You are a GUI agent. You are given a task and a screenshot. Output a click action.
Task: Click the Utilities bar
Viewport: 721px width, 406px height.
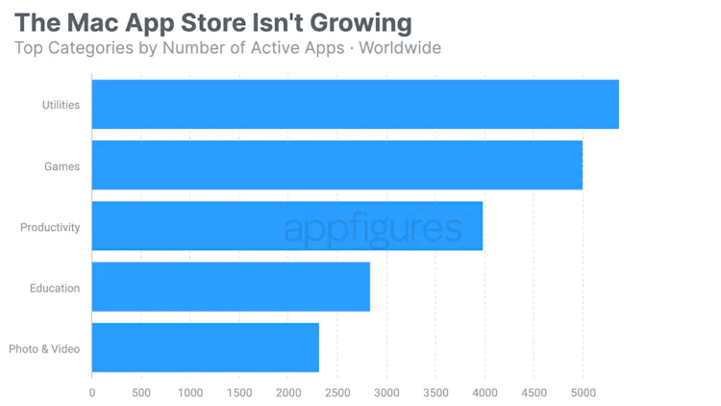pos(355,104)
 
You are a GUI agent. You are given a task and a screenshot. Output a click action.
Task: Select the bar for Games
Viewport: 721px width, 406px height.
pos(336,165)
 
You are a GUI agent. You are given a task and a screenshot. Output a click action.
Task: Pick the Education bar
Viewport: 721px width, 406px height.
pos(231,287)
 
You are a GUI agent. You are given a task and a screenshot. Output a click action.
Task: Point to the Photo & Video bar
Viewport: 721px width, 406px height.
pos(205,347)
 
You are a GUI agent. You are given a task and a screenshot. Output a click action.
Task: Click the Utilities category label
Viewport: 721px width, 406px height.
pos(61,105)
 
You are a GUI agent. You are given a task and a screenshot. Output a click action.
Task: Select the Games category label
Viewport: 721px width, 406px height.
pos(62,166)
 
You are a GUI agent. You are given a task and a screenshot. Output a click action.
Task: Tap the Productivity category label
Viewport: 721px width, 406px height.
pos(50,227)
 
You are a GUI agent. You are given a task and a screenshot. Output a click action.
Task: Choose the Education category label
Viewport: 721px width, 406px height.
pos(55,288)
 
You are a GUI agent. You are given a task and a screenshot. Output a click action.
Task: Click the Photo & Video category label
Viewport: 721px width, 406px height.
pos(44,348)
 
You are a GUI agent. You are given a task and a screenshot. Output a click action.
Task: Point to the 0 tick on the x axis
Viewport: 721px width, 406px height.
pos(92,393)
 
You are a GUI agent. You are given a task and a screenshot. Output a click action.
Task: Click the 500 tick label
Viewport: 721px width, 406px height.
pos(141,393)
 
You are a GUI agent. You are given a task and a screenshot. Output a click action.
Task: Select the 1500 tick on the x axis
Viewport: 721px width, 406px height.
pos(239,393)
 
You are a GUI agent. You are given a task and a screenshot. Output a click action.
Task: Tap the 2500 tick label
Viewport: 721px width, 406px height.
pos(337,393)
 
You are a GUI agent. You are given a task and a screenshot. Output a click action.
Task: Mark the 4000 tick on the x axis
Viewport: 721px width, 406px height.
pos(485,393)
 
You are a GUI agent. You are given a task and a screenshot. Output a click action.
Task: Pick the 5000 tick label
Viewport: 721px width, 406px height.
pos(583,393)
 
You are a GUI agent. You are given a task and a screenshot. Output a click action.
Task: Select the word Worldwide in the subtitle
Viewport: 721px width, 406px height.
pos(400,47)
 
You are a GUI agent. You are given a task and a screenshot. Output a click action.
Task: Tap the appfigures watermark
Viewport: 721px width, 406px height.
pos(373,229)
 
